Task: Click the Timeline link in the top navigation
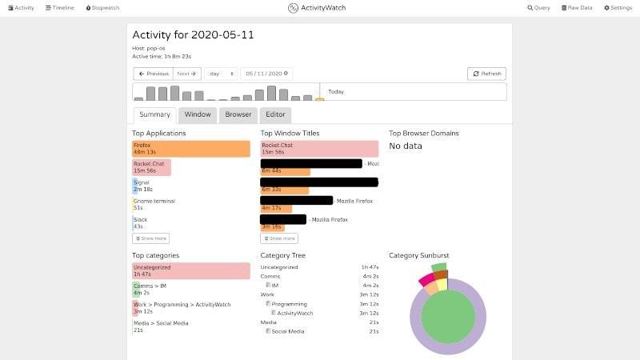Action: (x=59, y=7)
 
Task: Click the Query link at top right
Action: (x=538, y=7)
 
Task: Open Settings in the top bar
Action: (x=618, y=7)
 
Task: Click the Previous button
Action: (x=153, y=74)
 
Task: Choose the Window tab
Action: (x=198, y=114)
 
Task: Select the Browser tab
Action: (x=238, y=114)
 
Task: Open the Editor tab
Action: (x=275, y=114)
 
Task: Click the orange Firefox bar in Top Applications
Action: (x=191, y=149)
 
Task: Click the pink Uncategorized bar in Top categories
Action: (x=191, y=270)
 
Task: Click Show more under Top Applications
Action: (x=150, y=238)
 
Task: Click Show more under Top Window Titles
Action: (x=279, y=238)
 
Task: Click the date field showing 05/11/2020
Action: (x=266, y=74)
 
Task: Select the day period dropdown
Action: (x=221, y=74)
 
